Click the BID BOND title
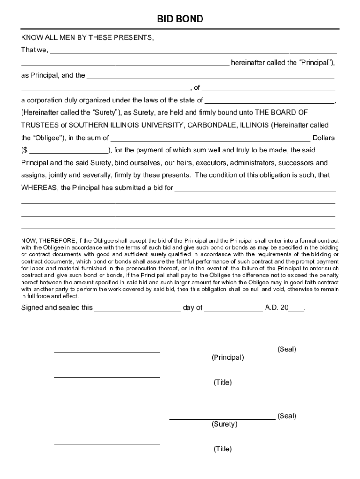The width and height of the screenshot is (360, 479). [180, 19]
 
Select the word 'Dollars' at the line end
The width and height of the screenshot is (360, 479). [324, 138]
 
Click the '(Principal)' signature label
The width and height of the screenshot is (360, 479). [227, 358]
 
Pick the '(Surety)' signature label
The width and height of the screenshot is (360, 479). [224, 424]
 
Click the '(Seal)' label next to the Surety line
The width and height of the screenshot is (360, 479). [287, 416]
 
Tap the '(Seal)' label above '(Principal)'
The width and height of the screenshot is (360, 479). [287, 349]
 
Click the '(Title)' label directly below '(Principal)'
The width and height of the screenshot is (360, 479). [223, 383]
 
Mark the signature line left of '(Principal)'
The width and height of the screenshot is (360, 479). [107, 352]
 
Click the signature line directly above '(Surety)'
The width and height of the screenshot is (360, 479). [222, 419]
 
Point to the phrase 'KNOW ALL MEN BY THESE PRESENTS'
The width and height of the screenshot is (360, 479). [87, 38]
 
